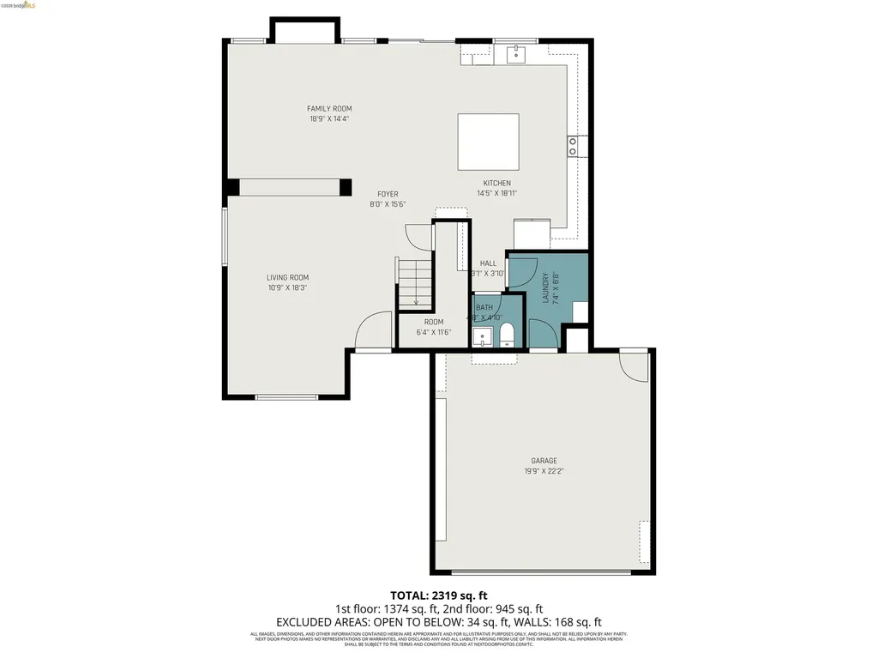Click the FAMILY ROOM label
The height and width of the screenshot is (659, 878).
pyautogui.click(x=329, y=109)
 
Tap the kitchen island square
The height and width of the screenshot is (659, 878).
pyautogui.click(x=488, y=142)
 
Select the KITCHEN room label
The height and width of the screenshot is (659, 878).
pyautogui.click(x=496, y=184)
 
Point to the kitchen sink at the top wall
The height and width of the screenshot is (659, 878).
pyautogui.click(x=515, y=55)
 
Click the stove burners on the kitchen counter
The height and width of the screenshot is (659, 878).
pyautogui.click(x=572, y=146)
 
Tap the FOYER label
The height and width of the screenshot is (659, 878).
pyautogui.click(x=388, y=195)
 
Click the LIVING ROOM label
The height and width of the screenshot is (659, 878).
pyautogui.click(x=287, y=278)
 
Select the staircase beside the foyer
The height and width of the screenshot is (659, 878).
pyautogui.click(x=416, y=281)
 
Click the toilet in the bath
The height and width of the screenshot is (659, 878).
pyautogui.click(x=507, y=335)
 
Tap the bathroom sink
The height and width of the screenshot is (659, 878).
pyautogui.click(x=482, y=336)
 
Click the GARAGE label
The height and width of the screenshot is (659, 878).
pyautogui.click(x=544, y=461)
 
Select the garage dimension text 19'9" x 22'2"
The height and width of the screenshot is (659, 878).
pyautogui.click(x=544, y=471)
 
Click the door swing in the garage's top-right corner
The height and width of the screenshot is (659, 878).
pyautogui.click(x=635, y=366)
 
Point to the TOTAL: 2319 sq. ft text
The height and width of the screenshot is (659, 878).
pyautogui.click(x=438, y=595)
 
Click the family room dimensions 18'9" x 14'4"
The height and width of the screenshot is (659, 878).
pyautogui.click(x=329, y=119)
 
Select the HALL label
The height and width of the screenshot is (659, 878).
pyautogui.click(x=488, y=263)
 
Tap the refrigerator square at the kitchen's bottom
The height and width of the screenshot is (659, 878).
pyautogui.click(x=532, y=233)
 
